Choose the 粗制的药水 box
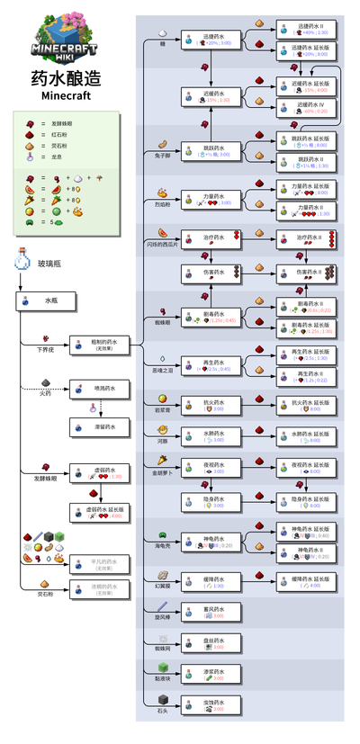pyautogui.click(x=102, y=343)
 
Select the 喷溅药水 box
pyautogui.click(x=98, y=389)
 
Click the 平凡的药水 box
pyautogui.click(x=98, y=564)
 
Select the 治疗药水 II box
pyautogui.click(x=307, y=238)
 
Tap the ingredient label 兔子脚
pyautogui.click(x=162, y=155)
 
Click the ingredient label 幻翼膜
pyautogui.click(x=163, y=585)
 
